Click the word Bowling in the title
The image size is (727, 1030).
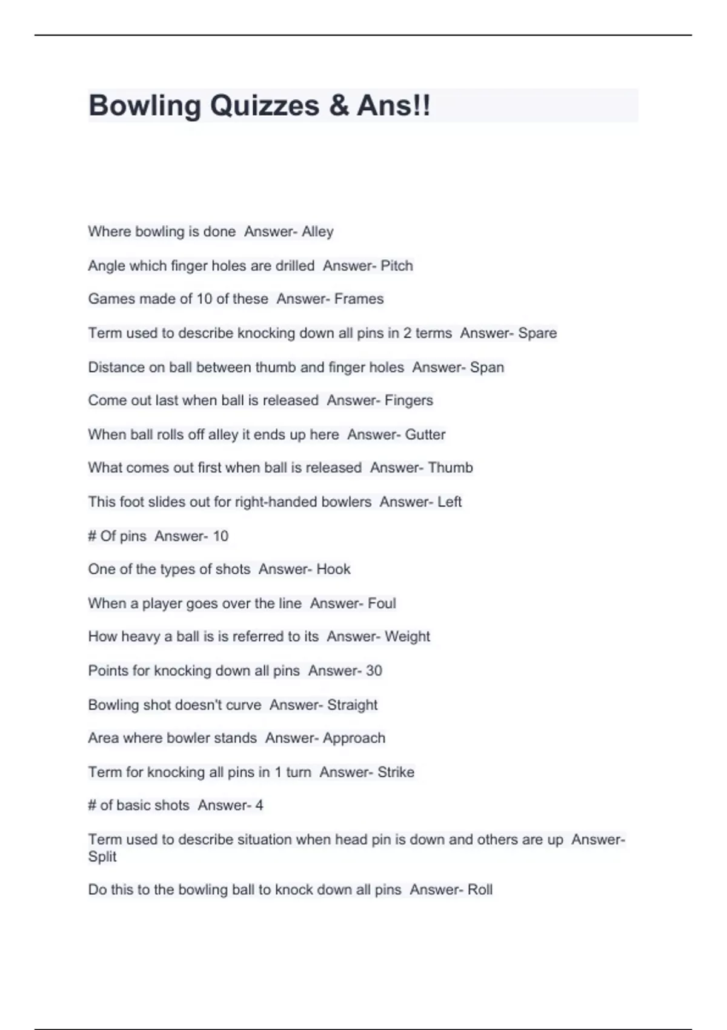coord(144,106)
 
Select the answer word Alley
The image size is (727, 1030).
coord(317,231)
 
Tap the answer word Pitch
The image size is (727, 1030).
coord(397,265)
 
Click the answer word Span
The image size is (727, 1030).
coord(487,367)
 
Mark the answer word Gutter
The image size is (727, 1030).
coord(425,434)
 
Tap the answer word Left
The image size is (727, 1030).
coord(450,502)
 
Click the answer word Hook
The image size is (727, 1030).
coord(334,569)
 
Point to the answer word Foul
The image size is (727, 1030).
coord(382,603)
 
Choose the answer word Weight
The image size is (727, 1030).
coord(407,637)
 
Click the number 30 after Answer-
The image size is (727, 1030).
coord(374,671)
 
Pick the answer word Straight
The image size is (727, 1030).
coord(352,705)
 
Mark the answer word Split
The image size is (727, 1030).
coord(102,857)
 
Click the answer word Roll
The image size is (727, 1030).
coord(480,889)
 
